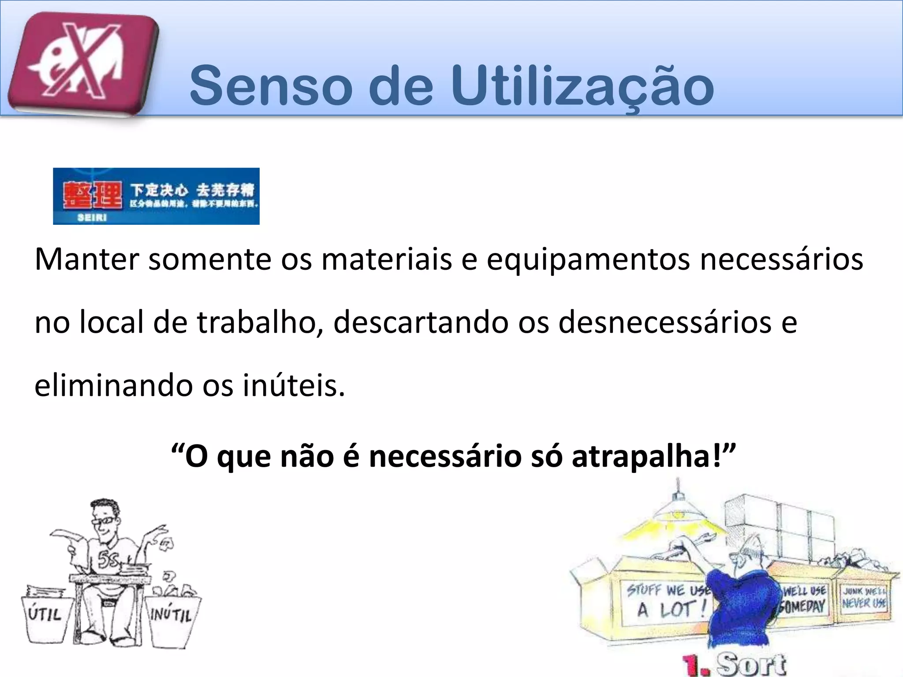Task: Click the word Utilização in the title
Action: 582,86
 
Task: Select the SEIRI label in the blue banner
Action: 92,217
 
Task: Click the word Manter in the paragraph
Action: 86,260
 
